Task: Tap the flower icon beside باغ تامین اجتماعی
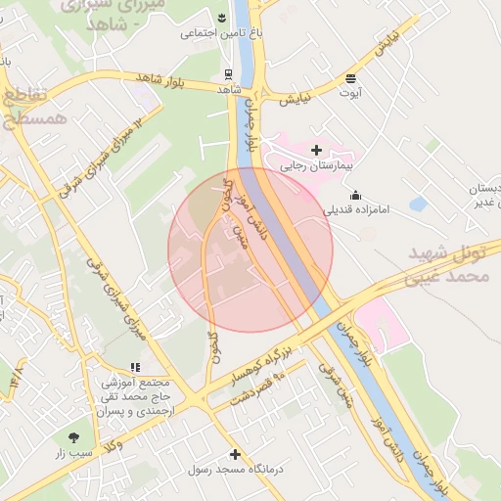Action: pyautogui.click(x=222, y=19)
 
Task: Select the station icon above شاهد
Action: pyautogui.click(x=228, y=73)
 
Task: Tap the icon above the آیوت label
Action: pyautogui.click(x=350, y=77)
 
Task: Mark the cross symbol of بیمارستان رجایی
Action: pyautogui.click(x=315, y=150)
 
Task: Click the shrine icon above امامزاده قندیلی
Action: pyautogui.click(x=354, y=194)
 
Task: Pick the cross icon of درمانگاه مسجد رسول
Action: pyautogui.click(x=235, y=454)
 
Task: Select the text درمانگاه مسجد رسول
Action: pyautogui.click(x=235, y=470)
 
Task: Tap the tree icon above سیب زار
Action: pyautogui.click(x=74, y=436)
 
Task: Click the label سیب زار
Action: pyautogui.click(x=73, y=452)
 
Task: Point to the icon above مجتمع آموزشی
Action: pyautogui.click(x=134, y=367)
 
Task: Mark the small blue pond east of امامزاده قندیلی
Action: pyautogui.click(x=419, y=205)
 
